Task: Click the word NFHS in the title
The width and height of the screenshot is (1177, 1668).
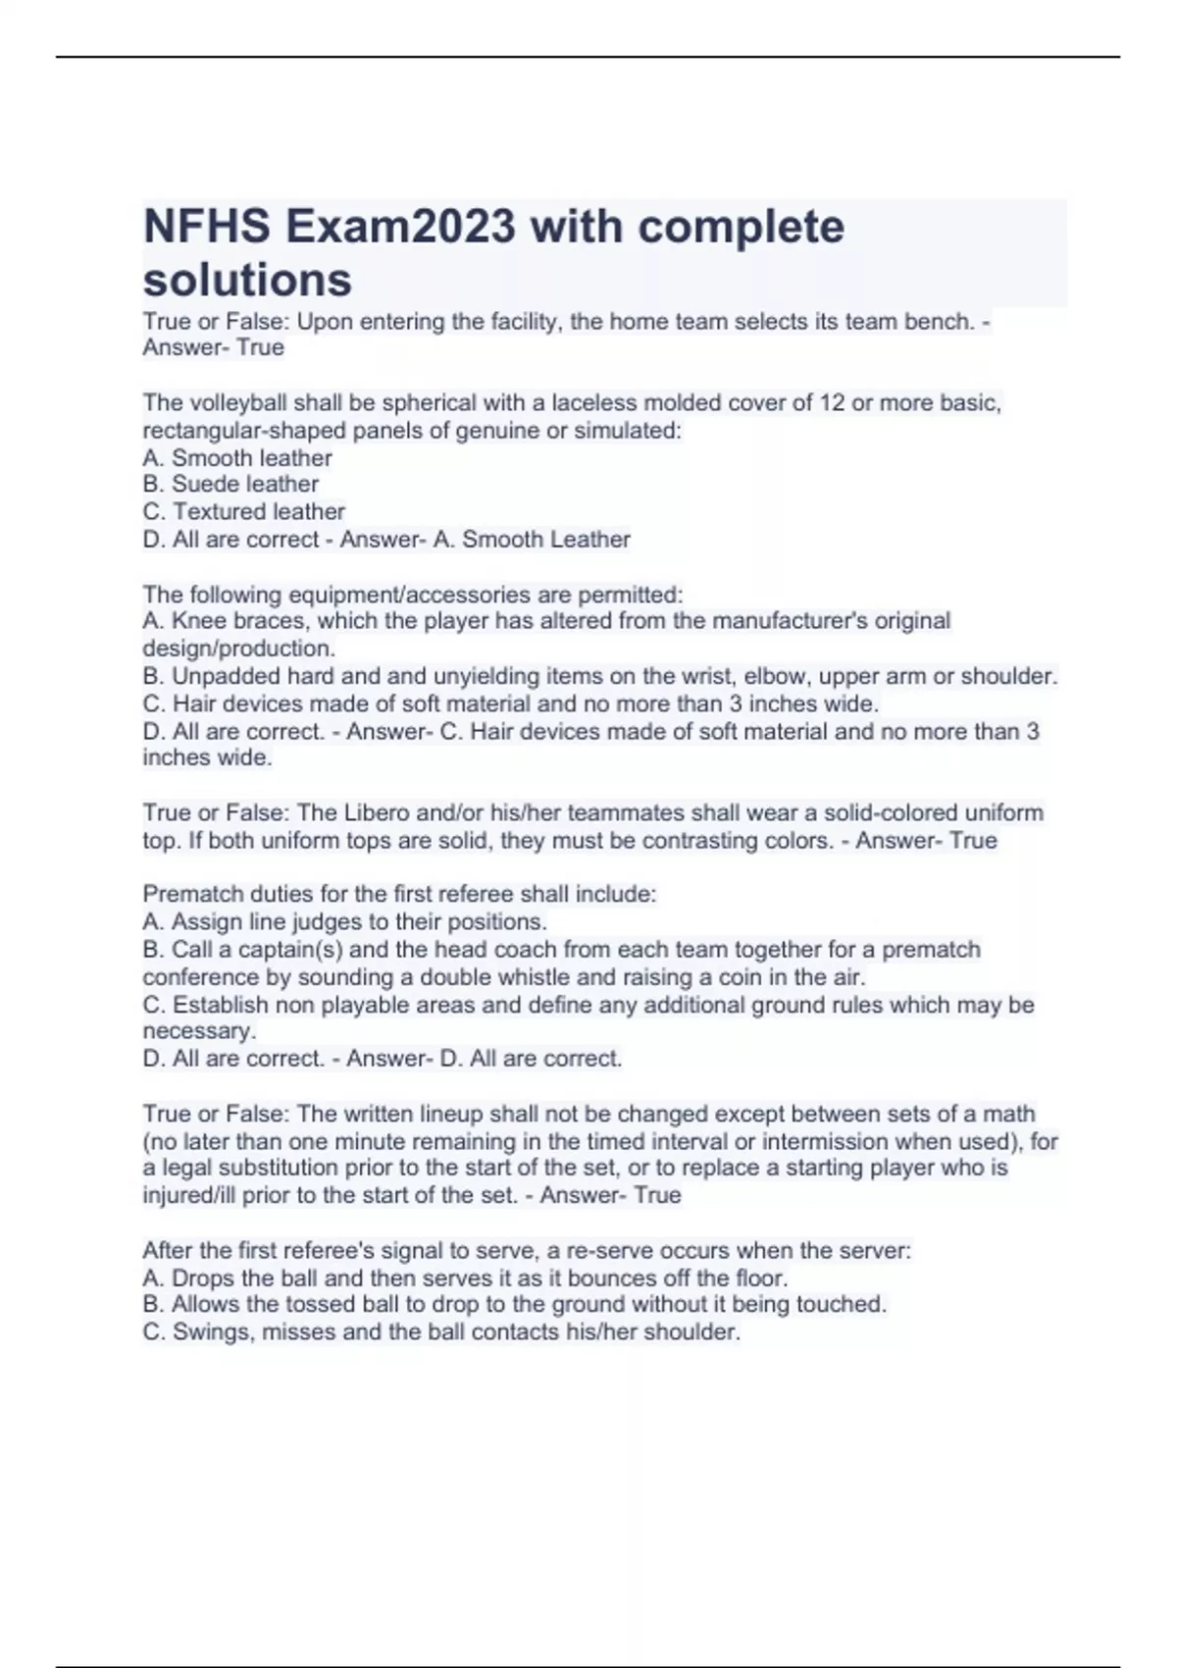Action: pyautogui.click(x=206, y=227)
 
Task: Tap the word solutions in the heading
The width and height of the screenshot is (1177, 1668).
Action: pyautogui.click(x=247, y=280)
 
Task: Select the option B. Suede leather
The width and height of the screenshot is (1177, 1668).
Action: pyautogui.click(x=230, y=484)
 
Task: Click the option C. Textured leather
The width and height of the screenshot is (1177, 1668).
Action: pyautogui.click(x=244, y=511)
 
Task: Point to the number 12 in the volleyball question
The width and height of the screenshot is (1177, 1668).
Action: pyautogui.click(x=832, y=403)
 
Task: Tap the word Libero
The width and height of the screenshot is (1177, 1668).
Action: pyautogui.click(x=375, y=813)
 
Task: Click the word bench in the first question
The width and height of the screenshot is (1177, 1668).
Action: pyautogui.click(x=933, y=322)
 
